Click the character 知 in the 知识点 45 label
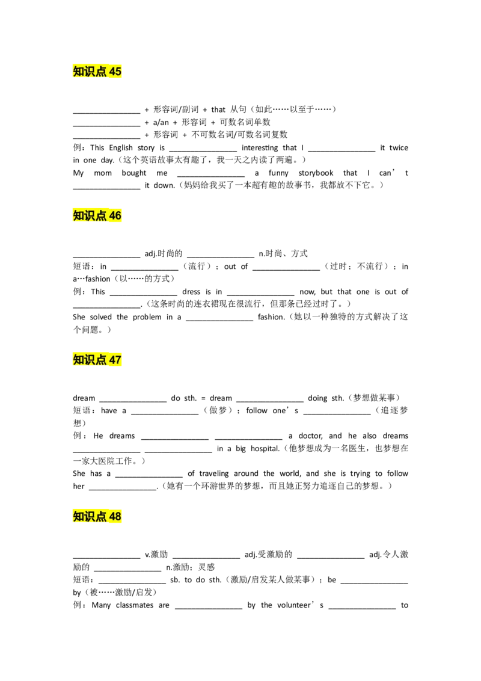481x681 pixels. click(79, 72)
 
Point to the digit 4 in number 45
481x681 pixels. click(112, 72)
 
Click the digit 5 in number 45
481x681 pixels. click(118, 72)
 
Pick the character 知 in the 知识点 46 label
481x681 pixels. click(79, 215)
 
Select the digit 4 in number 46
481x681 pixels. click(112, 215)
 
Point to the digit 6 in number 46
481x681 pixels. click(118, 215)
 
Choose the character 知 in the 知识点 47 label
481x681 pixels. click(79, 360)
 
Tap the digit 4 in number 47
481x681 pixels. click(112, 360)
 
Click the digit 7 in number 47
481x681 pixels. click(118, 360)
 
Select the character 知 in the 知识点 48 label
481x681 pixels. click(79, 516)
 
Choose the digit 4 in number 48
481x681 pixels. click(112, 516)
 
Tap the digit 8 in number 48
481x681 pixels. click(118, 516)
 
